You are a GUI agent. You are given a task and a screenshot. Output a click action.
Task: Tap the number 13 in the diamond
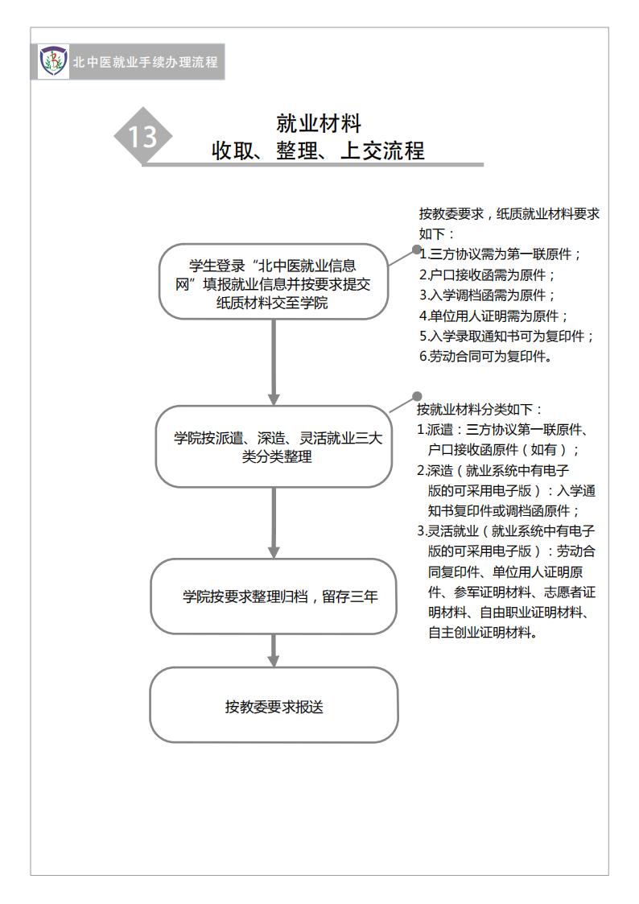click(x=143, y=137)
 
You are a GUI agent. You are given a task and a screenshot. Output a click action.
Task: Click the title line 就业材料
click(x=318, y=123)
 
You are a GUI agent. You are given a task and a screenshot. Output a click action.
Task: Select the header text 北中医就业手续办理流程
click(x=145, y=62)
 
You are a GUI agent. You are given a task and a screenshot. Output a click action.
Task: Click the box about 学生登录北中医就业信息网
click(x=273, y=283)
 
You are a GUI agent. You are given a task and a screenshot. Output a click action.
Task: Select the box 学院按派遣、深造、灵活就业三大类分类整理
click(x=273, y=447)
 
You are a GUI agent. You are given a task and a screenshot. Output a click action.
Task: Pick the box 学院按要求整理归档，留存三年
click(x=273, y=596)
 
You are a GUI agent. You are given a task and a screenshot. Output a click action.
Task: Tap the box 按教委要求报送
click(x=273, y=706)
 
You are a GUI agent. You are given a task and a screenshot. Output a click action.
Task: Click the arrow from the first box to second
click(x=274, y=362)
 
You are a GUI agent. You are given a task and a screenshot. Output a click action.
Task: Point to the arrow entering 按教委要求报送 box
click(x=274, y=651)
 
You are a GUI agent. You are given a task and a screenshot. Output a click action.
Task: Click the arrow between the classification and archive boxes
click(x=274, y=523)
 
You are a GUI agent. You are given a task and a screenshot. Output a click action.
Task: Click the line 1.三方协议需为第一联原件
click(x=501, y=254)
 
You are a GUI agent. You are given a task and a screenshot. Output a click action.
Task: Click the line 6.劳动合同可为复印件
click(x=485, y=357)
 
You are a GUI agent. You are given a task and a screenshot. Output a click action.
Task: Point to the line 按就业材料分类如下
click(x=480, y=410)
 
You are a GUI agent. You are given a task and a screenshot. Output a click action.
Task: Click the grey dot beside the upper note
click(x=417, y=250)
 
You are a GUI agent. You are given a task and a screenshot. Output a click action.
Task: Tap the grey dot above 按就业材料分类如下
click(x=417, y=396)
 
